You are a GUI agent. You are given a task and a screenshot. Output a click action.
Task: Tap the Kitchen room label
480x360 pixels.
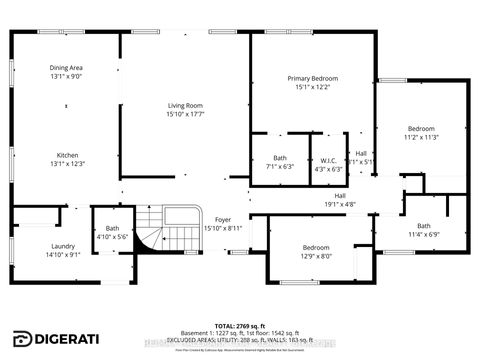tap(67, 155)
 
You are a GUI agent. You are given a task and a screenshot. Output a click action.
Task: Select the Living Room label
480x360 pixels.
tap(185, 105)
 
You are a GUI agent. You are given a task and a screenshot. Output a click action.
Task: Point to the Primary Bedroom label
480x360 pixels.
tap(313, 78)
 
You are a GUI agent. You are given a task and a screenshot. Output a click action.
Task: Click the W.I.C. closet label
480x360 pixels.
tap(328, 160)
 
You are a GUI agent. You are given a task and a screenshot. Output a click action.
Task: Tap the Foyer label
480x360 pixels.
tap(222, 219)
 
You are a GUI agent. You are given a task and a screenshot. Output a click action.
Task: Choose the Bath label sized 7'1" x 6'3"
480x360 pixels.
tap(280, 160)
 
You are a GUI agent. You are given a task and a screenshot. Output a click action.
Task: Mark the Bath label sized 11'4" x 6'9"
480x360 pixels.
tap(424, 226)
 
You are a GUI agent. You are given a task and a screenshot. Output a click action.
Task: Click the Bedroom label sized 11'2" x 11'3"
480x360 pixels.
tap(421, 129)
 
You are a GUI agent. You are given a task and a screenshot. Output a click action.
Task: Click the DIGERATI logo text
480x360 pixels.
tap(70, 338)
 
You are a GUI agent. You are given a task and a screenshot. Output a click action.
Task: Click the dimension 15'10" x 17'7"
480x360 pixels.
tap(185, 114)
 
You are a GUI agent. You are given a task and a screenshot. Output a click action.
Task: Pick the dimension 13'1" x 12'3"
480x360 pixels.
tap(67, 164)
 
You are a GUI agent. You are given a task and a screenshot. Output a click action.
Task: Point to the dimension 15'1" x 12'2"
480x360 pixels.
tap(313, 87)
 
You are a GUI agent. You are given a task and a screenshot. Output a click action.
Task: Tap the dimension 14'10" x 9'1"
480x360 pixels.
tap(35, 254)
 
